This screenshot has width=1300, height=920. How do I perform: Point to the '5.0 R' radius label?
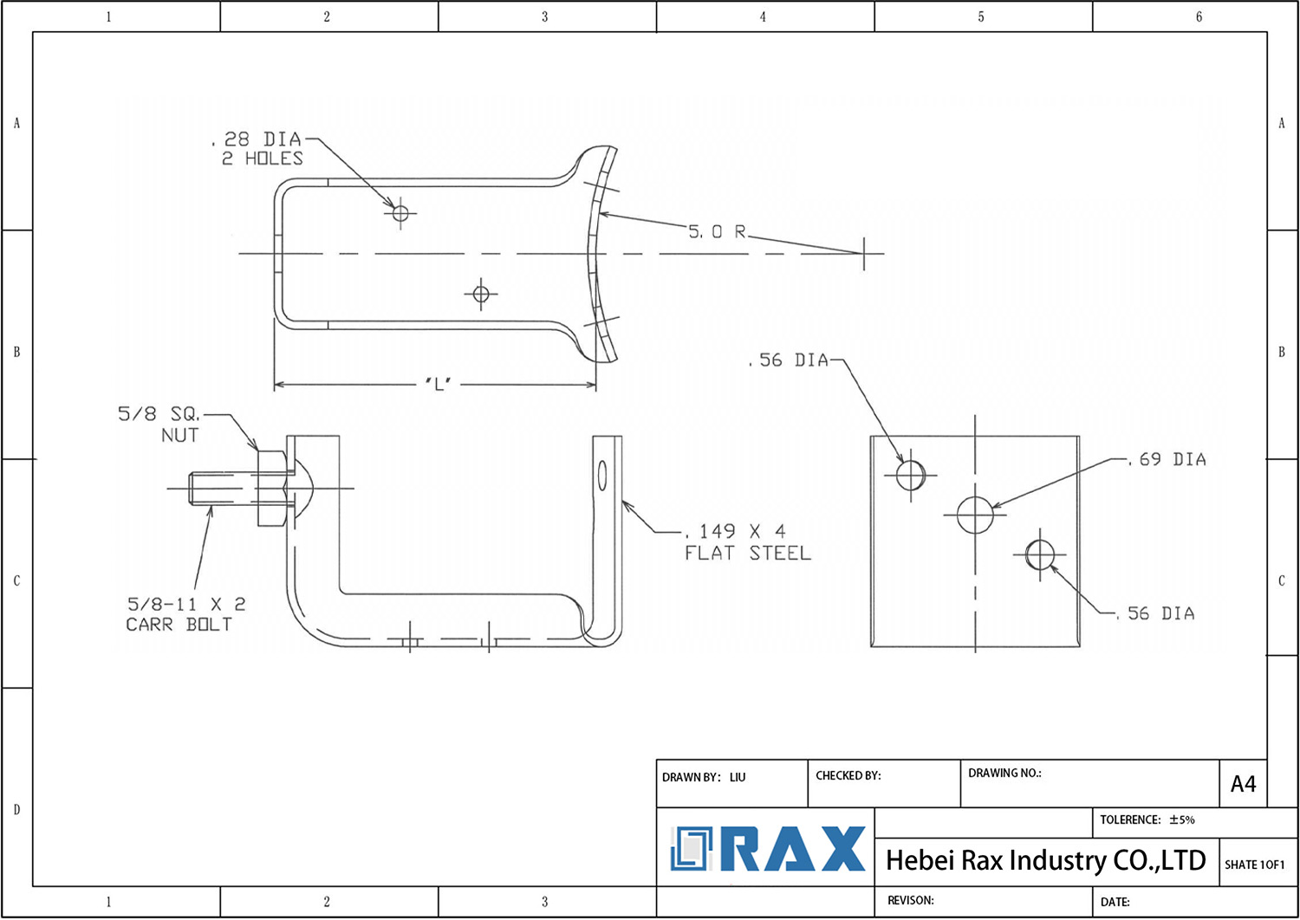click(x=717, y=231)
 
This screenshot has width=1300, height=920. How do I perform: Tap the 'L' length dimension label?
click(x=439, y=385)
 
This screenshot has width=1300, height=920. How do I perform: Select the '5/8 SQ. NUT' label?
click(x=160, y=424)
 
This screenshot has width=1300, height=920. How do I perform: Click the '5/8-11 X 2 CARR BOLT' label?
click(x=185, y=614)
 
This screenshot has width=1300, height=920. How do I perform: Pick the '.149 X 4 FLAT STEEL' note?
click(x=747, y=542)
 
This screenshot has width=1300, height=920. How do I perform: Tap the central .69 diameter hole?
click(x=975, y=515)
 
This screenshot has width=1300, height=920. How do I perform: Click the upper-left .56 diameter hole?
click(x=910, y=475)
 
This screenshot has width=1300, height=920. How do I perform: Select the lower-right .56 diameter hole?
click(x=1039, y=554)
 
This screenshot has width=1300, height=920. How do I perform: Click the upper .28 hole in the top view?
click(x=400, y=211)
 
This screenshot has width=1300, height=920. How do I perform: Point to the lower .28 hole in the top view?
click(x=481, y=295)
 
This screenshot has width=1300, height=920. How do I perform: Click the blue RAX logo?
click(x=767, y=849)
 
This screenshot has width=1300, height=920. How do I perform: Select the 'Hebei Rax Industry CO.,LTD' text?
click(x=1045, y=860)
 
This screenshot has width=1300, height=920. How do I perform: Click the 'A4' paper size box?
click(x=1243, y=784)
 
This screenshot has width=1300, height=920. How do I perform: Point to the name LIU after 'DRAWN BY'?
click(x=738, y=777)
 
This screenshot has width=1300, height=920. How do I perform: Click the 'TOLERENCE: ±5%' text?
click(x=1147, y=820)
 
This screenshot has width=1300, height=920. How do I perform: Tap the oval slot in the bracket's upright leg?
click(x=602, y=476)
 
